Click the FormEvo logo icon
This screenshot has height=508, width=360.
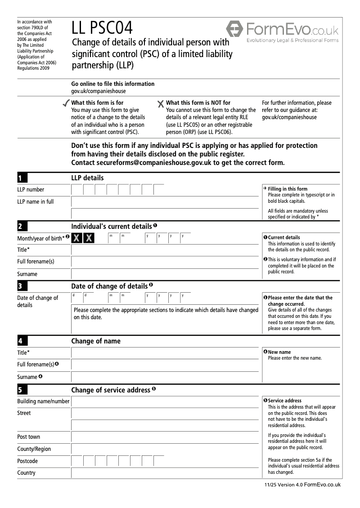coord(234,29)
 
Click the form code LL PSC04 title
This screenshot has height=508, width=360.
coord(102,28)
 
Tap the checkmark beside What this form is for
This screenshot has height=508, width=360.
coord(66,104)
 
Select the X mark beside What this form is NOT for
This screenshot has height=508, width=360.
coord(161,104)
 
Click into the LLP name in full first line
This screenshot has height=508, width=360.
coord(166,202)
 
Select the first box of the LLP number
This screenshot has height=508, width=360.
coord(77,190)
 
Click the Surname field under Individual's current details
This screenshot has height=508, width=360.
coord(166,274)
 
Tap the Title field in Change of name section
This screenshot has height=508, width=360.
coord(166,353)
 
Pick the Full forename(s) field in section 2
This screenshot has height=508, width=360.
coord(166,262)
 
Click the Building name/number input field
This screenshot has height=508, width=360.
coord(166,401)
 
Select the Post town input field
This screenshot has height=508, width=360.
coord(166,437)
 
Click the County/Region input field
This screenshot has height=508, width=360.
coord(166,449)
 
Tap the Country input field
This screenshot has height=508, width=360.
coord(166,473)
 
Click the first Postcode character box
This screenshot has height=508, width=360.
coord(77,461)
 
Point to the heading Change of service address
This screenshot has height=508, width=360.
coord(111,390)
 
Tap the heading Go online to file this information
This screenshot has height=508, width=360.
coord(113,84)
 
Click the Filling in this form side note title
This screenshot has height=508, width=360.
coord(288,189)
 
